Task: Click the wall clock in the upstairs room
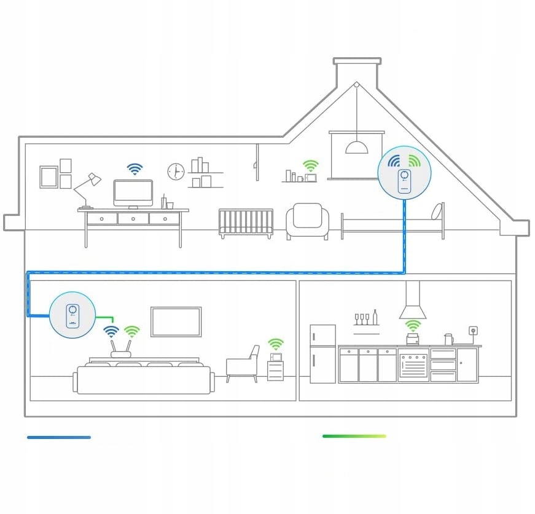pos(176,172)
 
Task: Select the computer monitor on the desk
pos(133,193)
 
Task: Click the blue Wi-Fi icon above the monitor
pos(135,168)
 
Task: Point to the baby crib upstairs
pos(246,223)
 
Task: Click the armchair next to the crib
pos(307,221)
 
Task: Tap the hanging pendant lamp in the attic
pos(356,146)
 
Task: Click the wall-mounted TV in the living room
pos(176,322)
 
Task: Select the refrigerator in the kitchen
pos(322,354)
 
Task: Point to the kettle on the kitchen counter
pos(448,339)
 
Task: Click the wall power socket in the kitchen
pos(473,330)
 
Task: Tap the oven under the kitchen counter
pos(413,365)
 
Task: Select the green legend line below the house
pos(354,436)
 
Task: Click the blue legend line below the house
pos(59,437)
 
